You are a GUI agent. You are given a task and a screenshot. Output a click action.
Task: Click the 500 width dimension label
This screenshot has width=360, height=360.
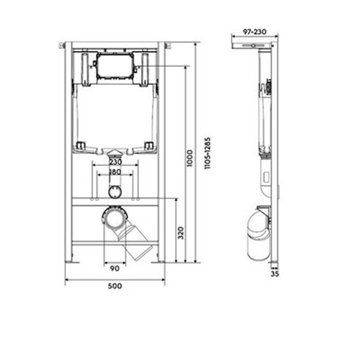pyautogui.click(x=115, y=286)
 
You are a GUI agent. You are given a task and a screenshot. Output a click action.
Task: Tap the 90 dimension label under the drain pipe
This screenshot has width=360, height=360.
pyautogui.click(x=114, y=269)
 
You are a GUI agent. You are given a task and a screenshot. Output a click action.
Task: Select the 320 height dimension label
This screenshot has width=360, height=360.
pyautogui.click(x=181, y=233)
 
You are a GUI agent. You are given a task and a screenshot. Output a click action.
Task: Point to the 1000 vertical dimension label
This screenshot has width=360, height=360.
pyautogui.click(x=190, y=158)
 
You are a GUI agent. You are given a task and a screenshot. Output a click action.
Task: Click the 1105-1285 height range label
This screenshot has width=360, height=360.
pyautogui.click(x=207, y=153)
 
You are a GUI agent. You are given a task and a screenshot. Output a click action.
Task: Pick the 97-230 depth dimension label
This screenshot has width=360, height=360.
pyautogui.click(x=255, y=32)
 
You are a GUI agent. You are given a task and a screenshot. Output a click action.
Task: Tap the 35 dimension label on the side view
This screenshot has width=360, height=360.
pyautogui.click(x=275, y=274)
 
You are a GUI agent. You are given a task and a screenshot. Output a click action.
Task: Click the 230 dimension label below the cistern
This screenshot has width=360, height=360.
pyautogui.click(x=115, y=162)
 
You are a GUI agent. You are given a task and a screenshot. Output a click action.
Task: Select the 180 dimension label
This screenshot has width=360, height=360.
pyautogui.click(x=115, y=172)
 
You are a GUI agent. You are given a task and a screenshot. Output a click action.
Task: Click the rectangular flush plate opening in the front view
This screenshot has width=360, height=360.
pyautogui.click(x=115, y=66)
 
